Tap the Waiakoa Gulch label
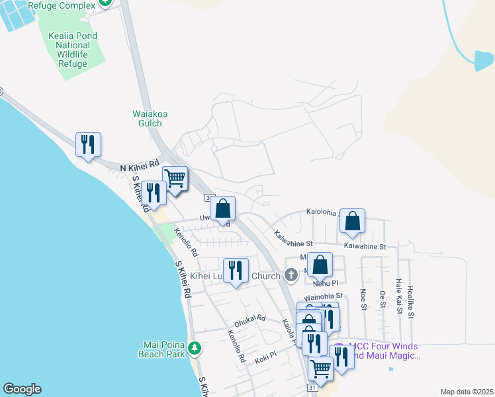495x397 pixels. (x=150, y=118)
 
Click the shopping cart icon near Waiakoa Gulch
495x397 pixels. (x=175, y=177)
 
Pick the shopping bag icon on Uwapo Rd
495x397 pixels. (x=224, y=208)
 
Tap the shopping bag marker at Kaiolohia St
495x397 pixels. (x=353, y=221)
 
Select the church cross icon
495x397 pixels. (x=290, y=275)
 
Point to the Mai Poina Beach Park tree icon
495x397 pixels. (x=194, y=347)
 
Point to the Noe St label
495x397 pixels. (x=363, y=298)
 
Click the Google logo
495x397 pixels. (x=22, y=389)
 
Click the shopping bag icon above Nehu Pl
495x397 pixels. (x=320, y=265)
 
